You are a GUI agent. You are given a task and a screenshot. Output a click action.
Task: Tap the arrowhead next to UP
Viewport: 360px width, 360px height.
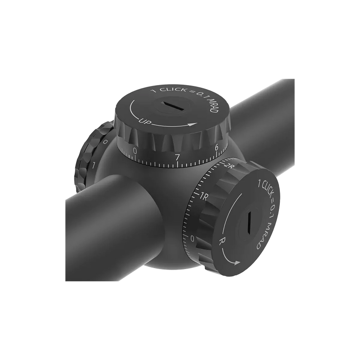click(194, 124)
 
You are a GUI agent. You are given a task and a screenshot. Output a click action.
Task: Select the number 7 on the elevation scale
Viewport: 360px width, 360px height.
click(177, 157)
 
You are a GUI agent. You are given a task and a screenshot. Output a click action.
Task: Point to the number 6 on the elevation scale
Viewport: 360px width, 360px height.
click(216, 146)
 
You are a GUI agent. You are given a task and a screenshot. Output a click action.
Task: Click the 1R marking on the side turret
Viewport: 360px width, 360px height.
click(203, 196)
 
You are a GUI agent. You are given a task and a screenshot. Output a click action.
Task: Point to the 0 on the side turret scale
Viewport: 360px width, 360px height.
click(193, 238)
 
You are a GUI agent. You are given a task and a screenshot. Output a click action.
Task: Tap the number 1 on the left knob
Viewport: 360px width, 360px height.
click(94, 165)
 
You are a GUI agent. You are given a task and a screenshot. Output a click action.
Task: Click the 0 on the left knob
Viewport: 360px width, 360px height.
click(104, 142)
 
